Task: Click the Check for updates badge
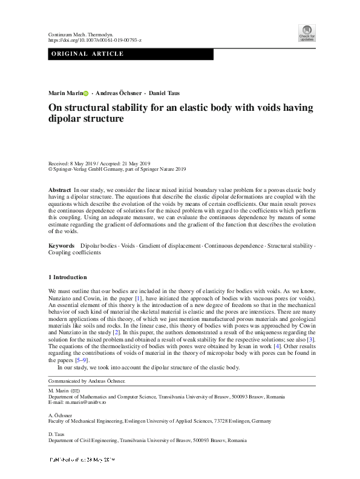pos(307,33)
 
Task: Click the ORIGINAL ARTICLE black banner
pos(131,54)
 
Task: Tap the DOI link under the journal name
pos(94,40)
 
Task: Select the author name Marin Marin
pos(65,93)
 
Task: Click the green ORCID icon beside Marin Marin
pos(85,93)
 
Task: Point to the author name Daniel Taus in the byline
pos(165,93)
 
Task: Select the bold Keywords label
pos(62,246)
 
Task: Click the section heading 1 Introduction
pos(68,277)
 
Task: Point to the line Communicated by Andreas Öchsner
pos(87,381)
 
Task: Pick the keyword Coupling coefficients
pos(74,253)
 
